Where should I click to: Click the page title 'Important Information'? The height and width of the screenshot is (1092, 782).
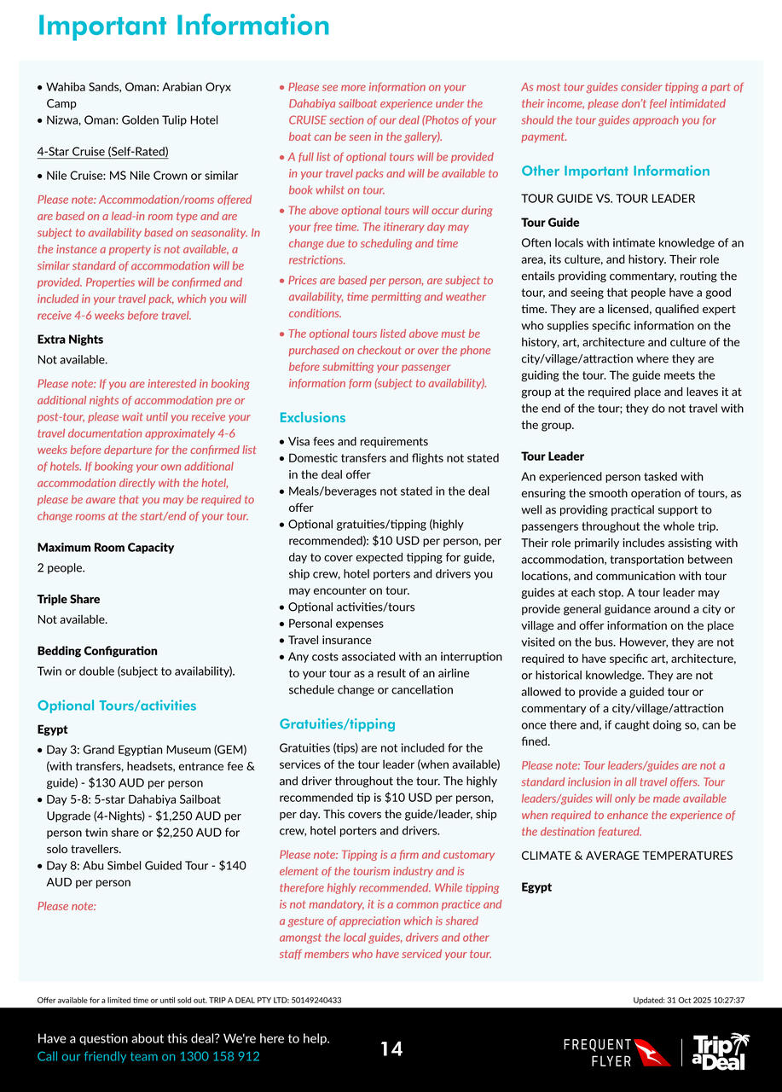pos(183,26)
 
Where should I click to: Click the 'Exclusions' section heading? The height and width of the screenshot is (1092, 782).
pos(312,417)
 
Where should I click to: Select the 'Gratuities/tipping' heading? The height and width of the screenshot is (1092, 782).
pos(337,723)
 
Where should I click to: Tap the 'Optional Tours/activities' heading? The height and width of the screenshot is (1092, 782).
pos(117,705)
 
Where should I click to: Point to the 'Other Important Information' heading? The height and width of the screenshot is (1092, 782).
pos(615,171)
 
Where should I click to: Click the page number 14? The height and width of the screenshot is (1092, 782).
pos(391,1048)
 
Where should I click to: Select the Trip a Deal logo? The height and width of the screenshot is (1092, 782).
pos(721,1051)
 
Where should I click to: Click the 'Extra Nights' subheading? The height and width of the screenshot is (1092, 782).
pos(70,340)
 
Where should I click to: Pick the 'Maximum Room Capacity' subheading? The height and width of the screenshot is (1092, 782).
pos(106,548)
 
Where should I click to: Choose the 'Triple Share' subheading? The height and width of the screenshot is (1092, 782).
pos(68,599)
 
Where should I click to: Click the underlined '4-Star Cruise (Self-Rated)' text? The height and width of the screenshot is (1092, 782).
pos(102,152)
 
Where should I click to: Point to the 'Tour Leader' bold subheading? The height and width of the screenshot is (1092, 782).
pos(553,456)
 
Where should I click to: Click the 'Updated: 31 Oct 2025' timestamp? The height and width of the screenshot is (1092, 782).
pos(689,1000)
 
